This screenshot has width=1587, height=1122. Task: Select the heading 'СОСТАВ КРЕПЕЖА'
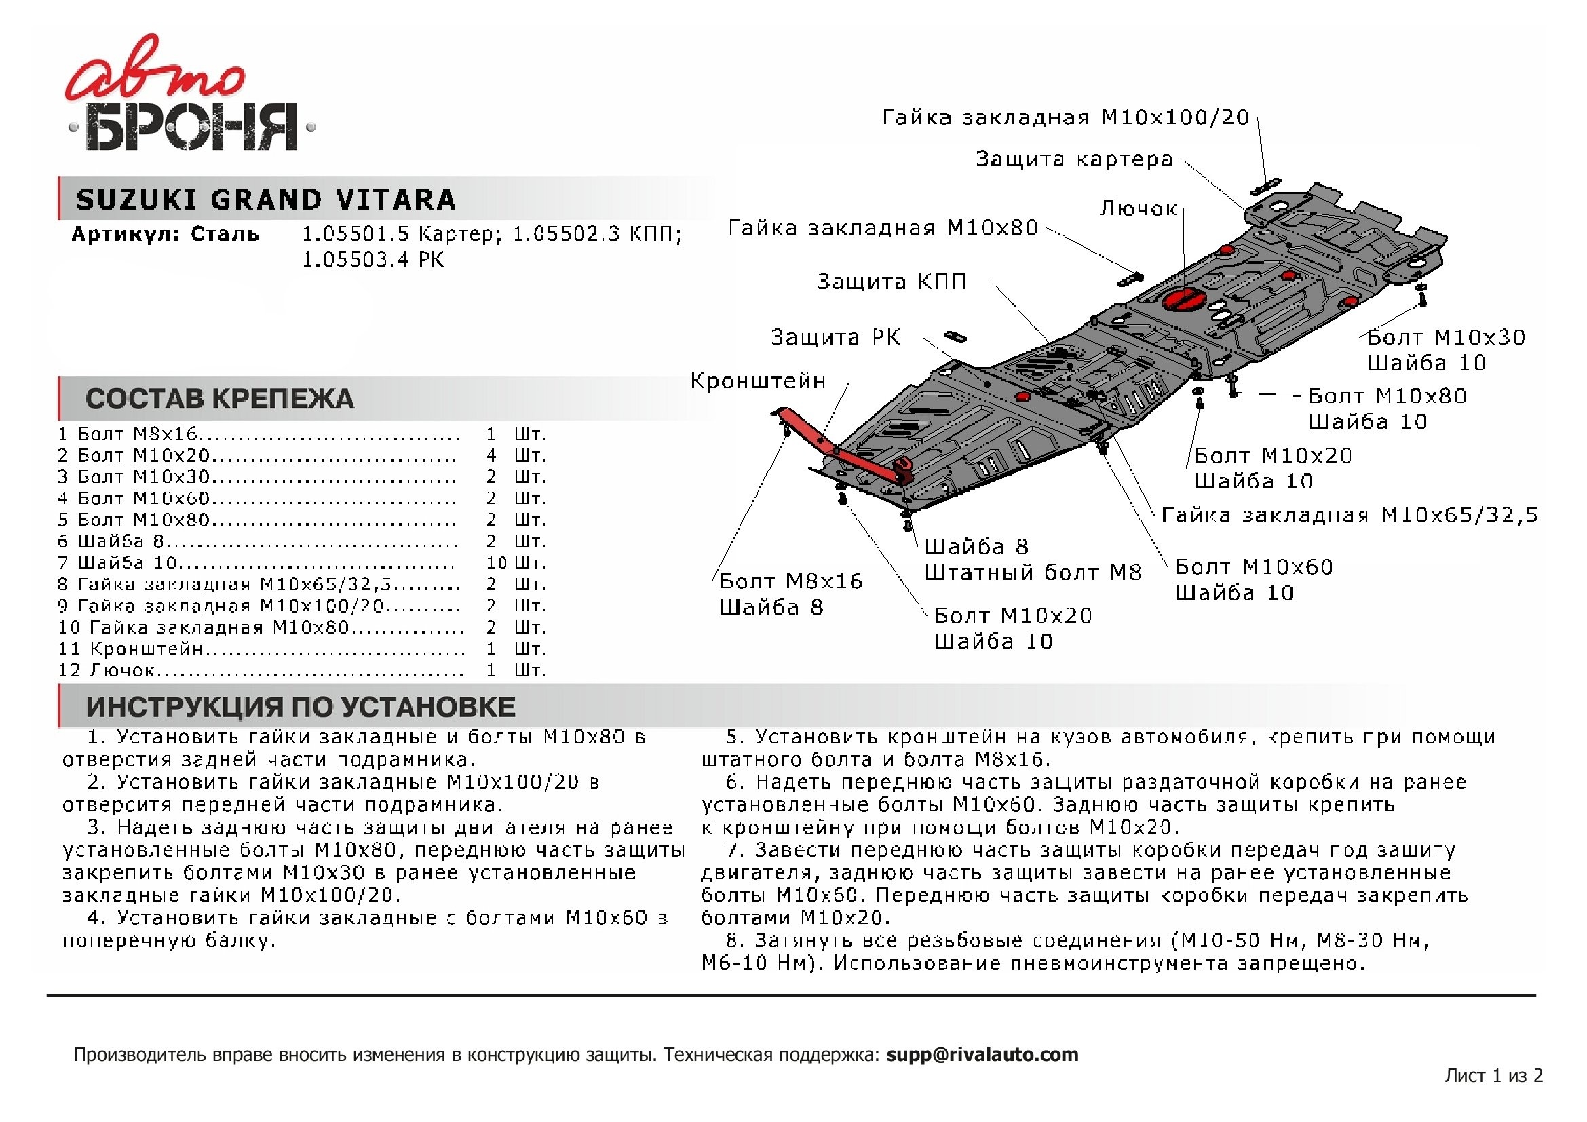pos(219,399)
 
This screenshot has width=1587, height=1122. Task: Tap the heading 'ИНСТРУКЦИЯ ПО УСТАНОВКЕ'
pos(300,707)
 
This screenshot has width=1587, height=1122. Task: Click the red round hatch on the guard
pos(1184,301)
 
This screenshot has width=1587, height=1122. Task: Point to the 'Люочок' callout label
pos(1138,208)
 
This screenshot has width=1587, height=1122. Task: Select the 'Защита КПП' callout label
pos(891,282)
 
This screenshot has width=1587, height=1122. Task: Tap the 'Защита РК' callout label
pos(836,337)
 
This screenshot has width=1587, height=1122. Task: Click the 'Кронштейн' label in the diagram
pos(758,381)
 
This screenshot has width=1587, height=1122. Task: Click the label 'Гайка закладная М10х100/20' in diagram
pos(1065,117)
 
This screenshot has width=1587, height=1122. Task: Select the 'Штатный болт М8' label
pos(1033,573)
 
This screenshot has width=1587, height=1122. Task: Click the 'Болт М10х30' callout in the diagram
pos(1446,337)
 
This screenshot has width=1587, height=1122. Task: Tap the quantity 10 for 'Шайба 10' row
pos(496,563)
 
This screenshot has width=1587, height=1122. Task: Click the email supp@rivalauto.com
pos(982,1055)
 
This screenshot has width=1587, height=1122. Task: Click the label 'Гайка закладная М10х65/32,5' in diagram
pos(1350,515)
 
